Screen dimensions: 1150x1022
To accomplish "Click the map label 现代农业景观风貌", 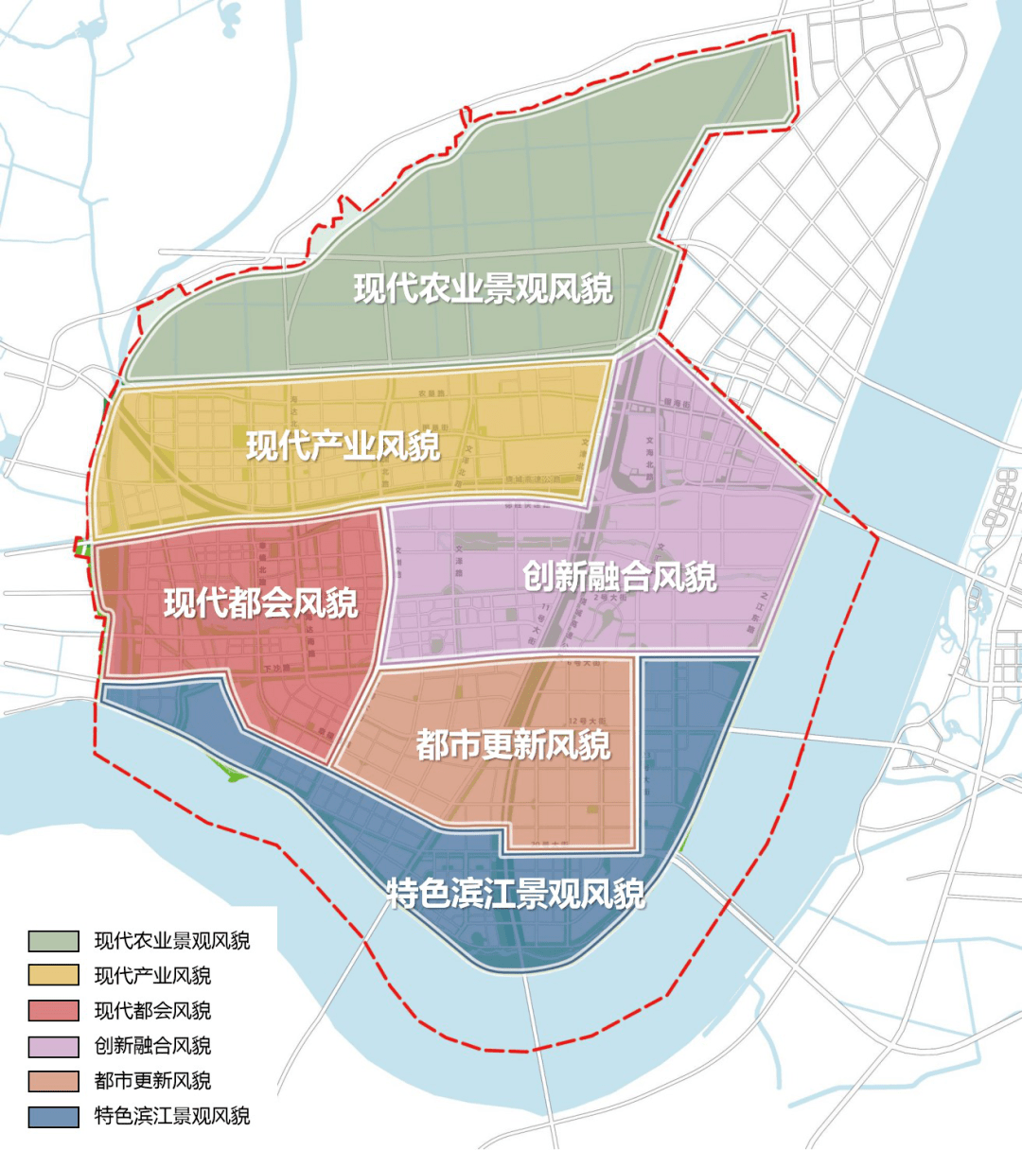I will (484, 288).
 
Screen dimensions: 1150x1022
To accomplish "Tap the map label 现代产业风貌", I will (344, 445).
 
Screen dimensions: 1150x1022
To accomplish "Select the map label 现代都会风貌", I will (261, 602).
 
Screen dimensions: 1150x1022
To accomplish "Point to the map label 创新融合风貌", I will (620, 576).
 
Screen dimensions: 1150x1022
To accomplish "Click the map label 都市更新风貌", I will (513, 745).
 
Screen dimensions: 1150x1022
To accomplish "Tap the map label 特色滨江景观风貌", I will (516, 893).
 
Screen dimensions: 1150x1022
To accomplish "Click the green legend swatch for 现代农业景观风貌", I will (54, 941).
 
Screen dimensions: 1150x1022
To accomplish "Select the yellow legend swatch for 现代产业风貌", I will (54, 976).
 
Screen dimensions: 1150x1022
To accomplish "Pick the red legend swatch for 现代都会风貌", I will (54, 1011).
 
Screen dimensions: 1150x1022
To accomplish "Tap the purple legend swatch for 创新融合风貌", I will (54, 1046).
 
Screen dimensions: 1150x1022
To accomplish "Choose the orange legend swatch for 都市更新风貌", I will (54, 1081).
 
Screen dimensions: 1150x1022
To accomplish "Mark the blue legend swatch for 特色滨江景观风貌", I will (54, 1116).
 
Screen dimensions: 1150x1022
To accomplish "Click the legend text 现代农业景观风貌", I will (172, 941).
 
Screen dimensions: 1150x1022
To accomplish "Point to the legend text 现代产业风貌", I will (152, 976).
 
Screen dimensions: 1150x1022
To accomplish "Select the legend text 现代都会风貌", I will (152, 1011).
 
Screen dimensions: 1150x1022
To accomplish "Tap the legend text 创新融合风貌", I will (152, 1046).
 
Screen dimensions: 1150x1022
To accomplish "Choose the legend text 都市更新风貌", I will (152, 1081).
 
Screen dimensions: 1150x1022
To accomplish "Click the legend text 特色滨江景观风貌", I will (172, 1116).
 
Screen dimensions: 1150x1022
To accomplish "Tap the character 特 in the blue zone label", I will (402, 893).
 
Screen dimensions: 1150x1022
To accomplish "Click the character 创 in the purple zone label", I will (539, 576).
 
